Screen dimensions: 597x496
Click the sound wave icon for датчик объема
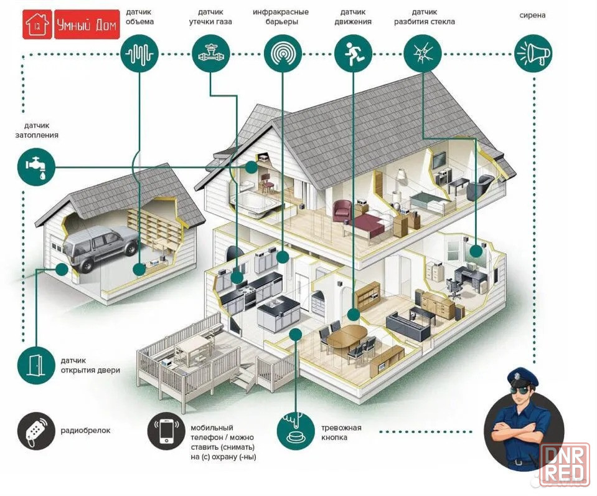click(139, 54)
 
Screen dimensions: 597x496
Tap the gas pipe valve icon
click(210, 54)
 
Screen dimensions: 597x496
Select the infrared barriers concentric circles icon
click(283, 54)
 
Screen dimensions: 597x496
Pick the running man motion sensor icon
click(354, 54)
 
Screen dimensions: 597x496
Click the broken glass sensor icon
click(423, 54)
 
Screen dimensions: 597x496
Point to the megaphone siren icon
click(534, 54)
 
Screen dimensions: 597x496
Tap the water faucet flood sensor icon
click(37, 167)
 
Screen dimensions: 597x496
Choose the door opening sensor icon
click(37, 365)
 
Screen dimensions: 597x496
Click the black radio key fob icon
click(36, 431)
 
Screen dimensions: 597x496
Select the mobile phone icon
click(166, 431)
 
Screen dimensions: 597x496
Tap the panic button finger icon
click(296, 431)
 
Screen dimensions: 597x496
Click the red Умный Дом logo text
click(87, 25)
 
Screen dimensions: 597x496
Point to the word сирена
click(532, 15)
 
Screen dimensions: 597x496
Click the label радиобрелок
click(85, 431)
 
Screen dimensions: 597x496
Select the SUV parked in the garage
click(101, 247)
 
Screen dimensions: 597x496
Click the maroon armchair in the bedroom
click(342, 211)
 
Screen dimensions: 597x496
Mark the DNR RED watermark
click(564, 463)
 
